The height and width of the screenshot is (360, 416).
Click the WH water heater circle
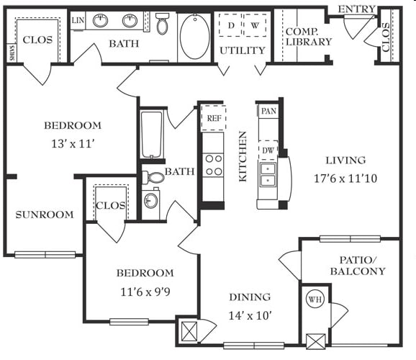(315, 300)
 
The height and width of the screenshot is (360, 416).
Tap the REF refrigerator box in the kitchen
(214, 118)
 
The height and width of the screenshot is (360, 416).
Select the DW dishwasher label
(268, 150)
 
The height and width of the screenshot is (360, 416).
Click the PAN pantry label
(268, 111)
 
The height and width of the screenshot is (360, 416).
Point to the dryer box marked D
(230, 25)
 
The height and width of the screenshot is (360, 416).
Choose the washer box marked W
(255, 25)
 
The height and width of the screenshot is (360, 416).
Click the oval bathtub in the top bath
(195, 36)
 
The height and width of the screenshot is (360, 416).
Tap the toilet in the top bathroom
(162, 23)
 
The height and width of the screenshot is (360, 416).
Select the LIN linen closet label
(78, 20)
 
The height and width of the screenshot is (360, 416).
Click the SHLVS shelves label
(12, 53)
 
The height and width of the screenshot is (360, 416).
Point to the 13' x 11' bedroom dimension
(73, 144)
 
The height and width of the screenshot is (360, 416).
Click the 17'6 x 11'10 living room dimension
(345, 179)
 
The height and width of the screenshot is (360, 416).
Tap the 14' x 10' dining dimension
(250, 315)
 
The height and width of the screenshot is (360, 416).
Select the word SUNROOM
(45, 215)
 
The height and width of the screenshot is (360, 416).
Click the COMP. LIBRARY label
(309, 37)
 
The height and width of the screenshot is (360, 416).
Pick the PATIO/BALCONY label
(358, 266)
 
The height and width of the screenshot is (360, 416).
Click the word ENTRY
(356, 9)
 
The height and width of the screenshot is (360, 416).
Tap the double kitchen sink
(268, 175)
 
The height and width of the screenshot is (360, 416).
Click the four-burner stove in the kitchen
(214, 165)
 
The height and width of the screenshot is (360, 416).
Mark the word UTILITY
(243, 50)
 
